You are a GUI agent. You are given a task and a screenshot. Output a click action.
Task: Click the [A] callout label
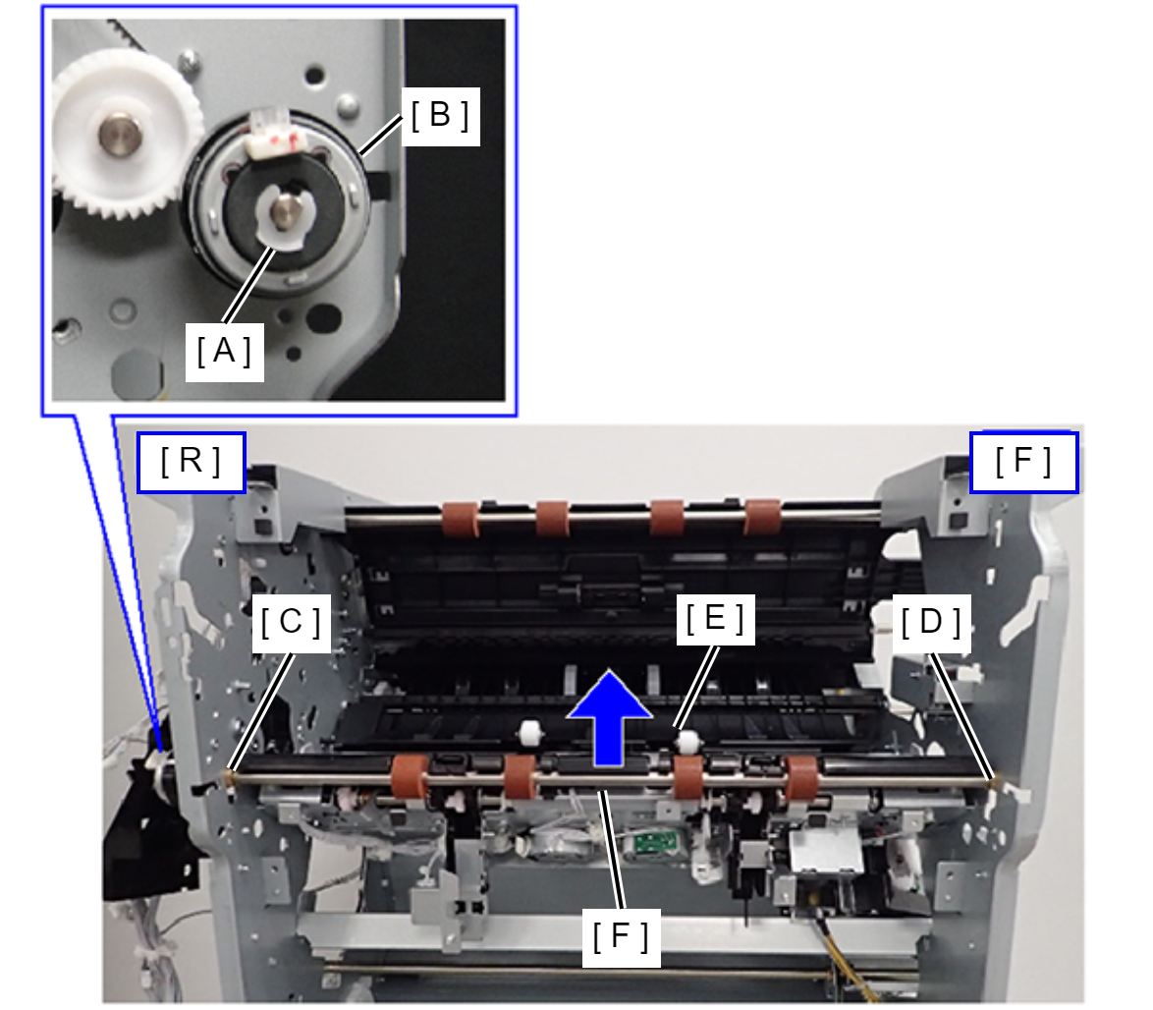224,352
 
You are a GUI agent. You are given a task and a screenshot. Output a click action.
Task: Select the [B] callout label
440,116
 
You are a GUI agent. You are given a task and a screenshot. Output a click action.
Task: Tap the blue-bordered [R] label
192,462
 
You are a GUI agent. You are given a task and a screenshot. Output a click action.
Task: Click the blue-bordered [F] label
1023,462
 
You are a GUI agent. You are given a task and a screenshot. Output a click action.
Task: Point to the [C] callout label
291,623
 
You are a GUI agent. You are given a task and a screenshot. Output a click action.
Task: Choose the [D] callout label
932,623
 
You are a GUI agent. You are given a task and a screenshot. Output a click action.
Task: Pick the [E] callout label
716,618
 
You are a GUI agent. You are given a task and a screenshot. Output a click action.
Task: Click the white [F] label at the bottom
622,937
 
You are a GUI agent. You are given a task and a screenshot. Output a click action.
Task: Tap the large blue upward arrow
609,717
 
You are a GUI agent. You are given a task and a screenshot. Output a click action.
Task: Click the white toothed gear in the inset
123,133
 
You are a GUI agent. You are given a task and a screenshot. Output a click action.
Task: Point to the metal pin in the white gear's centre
122,135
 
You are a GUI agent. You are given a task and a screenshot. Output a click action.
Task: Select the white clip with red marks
277,136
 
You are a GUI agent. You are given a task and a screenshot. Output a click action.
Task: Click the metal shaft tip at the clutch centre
284,212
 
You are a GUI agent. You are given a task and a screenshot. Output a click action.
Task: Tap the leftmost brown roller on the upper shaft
461,519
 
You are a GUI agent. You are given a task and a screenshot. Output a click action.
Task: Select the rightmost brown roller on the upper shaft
762,517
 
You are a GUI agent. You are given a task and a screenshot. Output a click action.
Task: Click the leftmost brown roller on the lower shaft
410,777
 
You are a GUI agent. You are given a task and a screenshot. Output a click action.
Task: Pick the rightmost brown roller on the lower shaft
801,778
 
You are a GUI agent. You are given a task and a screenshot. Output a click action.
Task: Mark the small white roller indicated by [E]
687,741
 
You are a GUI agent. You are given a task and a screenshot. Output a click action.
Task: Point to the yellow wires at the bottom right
846,956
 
